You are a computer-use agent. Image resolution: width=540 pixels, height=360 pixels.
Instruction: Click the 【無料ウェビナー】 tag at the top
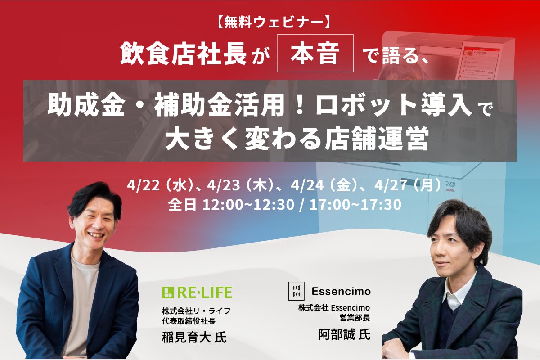(x=270, y=21)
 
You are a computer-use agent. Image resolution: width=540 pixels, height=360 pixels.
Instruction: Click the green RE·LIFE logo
(x=197, y=292)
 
